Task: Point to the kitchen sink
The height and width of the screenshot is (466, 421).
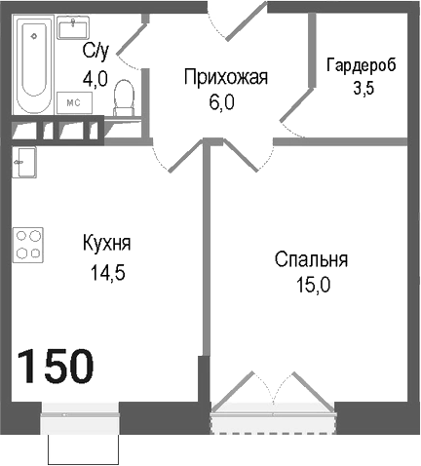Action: tap(25, 160)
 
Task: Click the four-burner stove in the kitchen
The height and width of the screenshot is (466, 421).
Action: tap(29, 244)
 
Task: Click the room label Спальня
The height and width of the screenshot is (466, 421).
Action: tap(311, 260)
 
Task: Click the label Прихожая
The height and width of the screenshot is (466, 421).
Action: tap(226, 77)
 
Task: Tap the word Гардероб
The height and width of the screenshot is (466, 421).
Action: tap(361, 64)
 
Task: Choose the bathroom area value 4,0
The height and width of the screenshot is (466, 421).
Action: tap(95, 79)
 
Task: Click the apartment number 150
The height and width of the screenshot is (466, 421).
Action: tap(56, 366)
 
